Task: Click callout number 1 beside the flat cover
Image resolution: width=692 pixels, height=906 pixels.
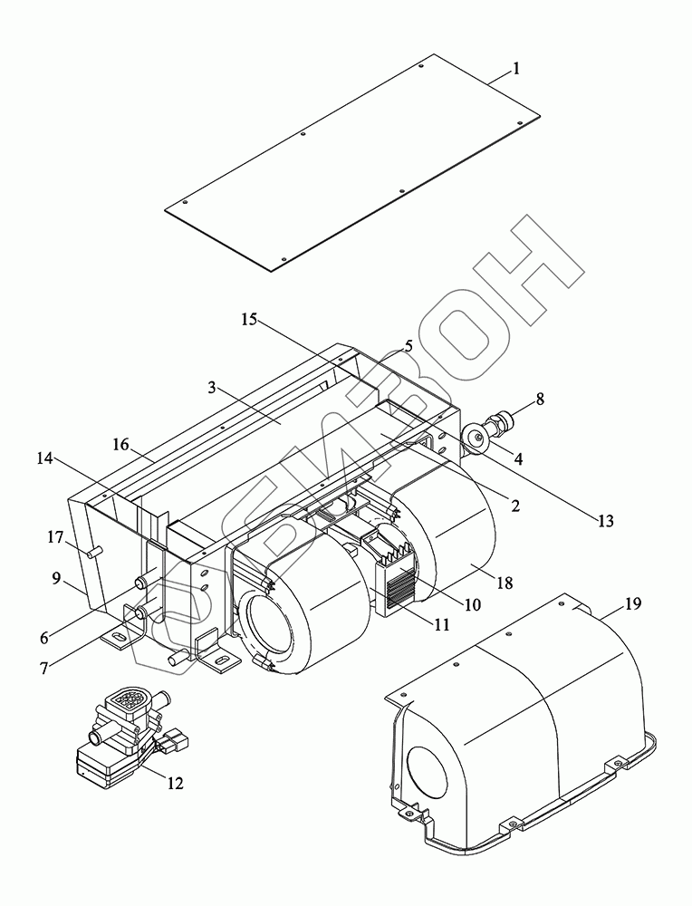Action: pyautogui.click(x=515, y=69)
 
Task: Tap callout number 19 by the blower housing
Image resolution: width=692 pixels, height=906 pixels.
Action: pyautogui.click(x=632, y=603)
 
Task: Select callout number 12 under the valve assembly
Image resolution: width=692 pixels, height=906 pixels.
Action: pyautogui.click(x=175, y=783)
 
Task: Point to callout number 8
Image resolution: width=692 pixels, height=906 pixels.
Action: pyautogui.click(x=540, y=400)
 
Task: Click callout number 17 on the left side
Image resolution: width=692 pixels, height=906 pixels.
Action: pyautogui.click(x=55, y=537)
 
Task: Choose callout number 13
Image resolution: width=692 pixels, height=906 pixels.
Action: pyautogui.click(x=605, y=521)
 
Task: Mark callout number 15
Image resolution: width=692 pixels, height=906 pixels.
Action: pyautogui.click(x=249, y=320)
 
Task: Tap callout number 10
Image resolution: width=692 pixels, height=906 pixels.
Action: pyautogui.click(x=472, y=604)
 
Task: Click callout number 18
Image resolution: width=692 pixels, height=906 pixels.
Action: pyautogui.click(x=505, y=583)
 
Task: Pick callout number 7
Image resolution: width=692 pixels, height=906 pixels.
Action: pyautogui.click(x=44, y=668)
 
